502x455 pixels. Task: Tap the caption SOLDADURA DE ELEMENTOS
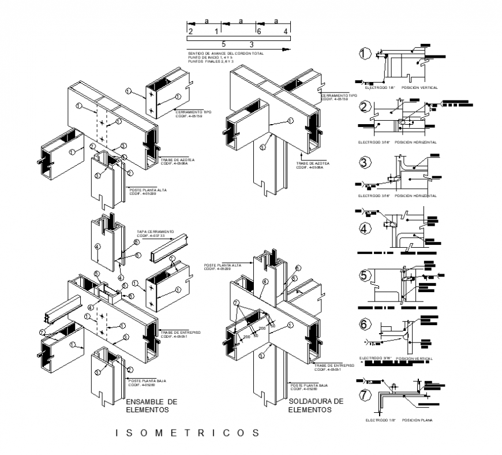[x=316, y=405]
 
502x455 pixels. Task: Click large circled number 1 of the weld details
[x=364, y=55]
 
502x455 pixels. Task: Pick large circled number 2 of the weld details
[x=364, y=107]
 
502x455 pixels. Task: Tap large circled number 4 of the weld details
[x=364, y=229]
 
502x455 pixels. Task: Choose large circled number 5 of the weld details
[x=364, y=276]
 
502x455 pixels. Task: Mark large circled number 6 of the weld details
[x=364, y=325]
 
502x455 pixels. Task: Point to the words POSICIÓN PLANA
[x=418, y=420]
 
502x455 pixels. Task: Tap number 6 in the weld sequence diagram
[x=259, y=31]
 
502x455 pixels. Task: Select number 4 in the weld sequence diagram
[x=286, y=31]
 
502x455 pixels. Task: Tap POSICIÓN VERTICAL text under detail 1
[x=419, y=88]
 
